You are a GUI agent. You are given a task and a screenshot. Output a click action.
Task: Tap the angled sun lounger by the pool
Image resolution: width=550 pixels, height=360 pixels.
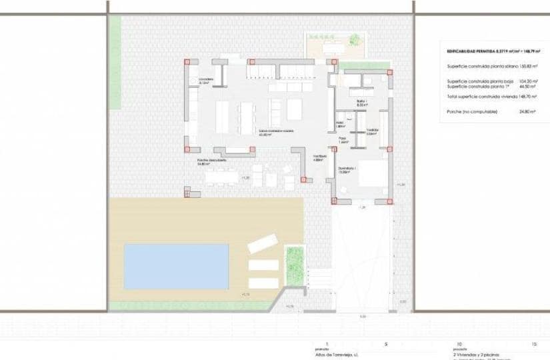click(x=262, y=244)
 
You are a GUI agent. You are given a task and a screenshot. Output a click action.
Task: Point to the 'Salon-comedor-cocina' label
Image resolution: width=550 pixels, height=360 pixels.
click(x=277, y=131)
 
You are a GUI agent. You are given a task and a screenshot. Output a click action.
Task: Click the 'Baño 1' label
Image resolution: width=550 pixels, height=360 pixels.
click(x=362, y=102)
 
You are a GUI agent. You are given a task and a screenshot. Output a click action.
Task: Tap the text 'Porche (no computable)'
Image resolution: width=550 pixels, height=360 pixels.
click(x=472, y=111)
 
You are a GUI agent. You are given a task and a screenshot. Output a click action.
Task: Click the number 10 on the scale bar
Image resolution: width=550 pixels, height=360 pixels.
click(x=459, y=344)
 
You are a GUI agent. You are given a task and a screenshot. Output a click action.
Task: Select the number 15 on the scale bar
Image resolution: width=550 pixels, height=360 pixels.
click(x=533, y=344)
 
